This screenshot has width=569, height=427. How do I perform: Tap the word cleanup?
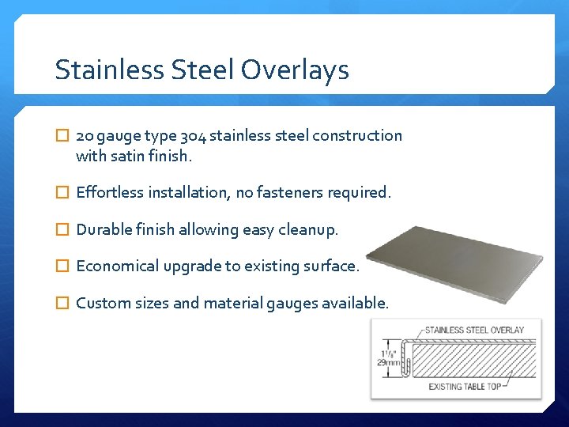coord(310,230)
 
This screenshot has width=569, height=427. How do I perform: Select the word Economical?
coord(118,266)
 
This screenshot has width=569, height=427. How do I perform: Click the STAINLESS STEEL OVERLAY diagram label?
coord(474,330)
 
